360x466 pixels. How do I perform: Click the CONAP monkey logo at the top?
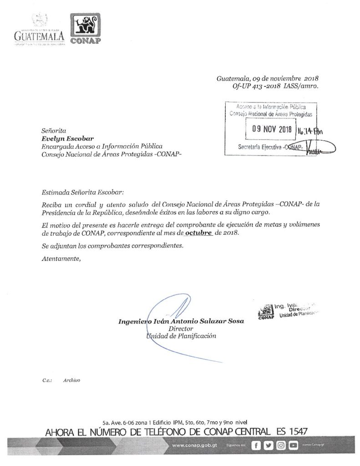coord(85,30)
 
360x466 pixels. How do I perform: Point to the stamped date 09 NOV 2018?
coord(271,129)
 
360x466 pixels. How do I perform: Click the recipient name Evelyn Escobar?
coord(61,138)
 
